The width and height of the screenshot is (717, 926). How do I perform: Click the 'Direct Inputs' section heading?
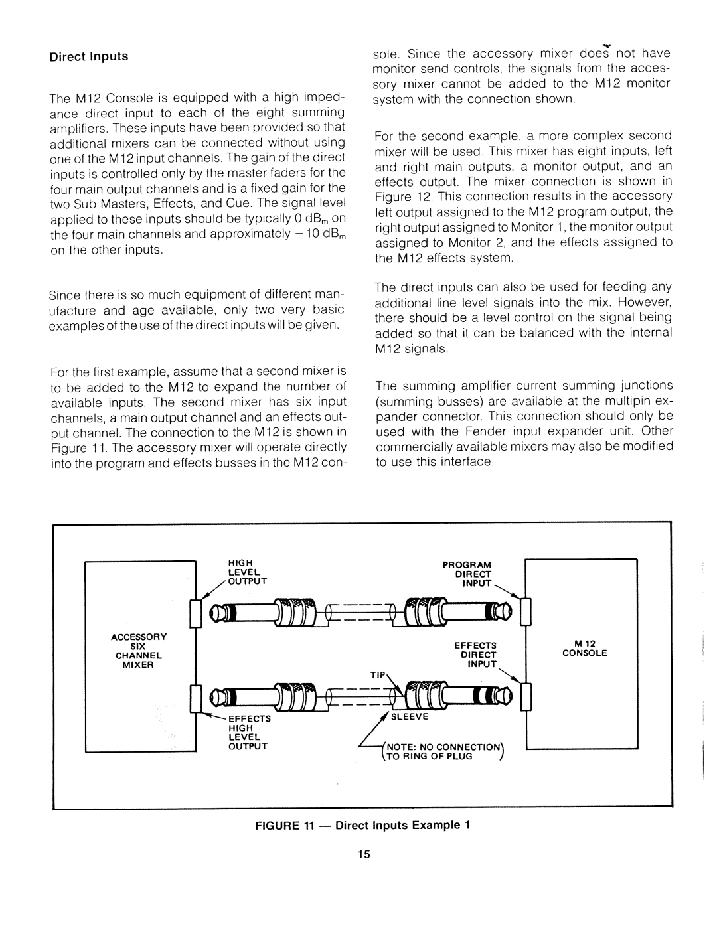(89, 56)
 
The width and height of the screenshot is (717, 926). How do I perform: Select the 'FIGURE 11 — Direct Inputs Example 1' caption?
(362, 826)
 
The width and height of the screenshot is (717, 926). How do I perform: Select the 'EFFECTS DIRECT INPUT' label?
(475, 654)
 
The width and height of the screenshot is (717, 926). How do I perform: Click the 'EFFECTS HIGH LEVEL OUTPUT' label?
(248, 732)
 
